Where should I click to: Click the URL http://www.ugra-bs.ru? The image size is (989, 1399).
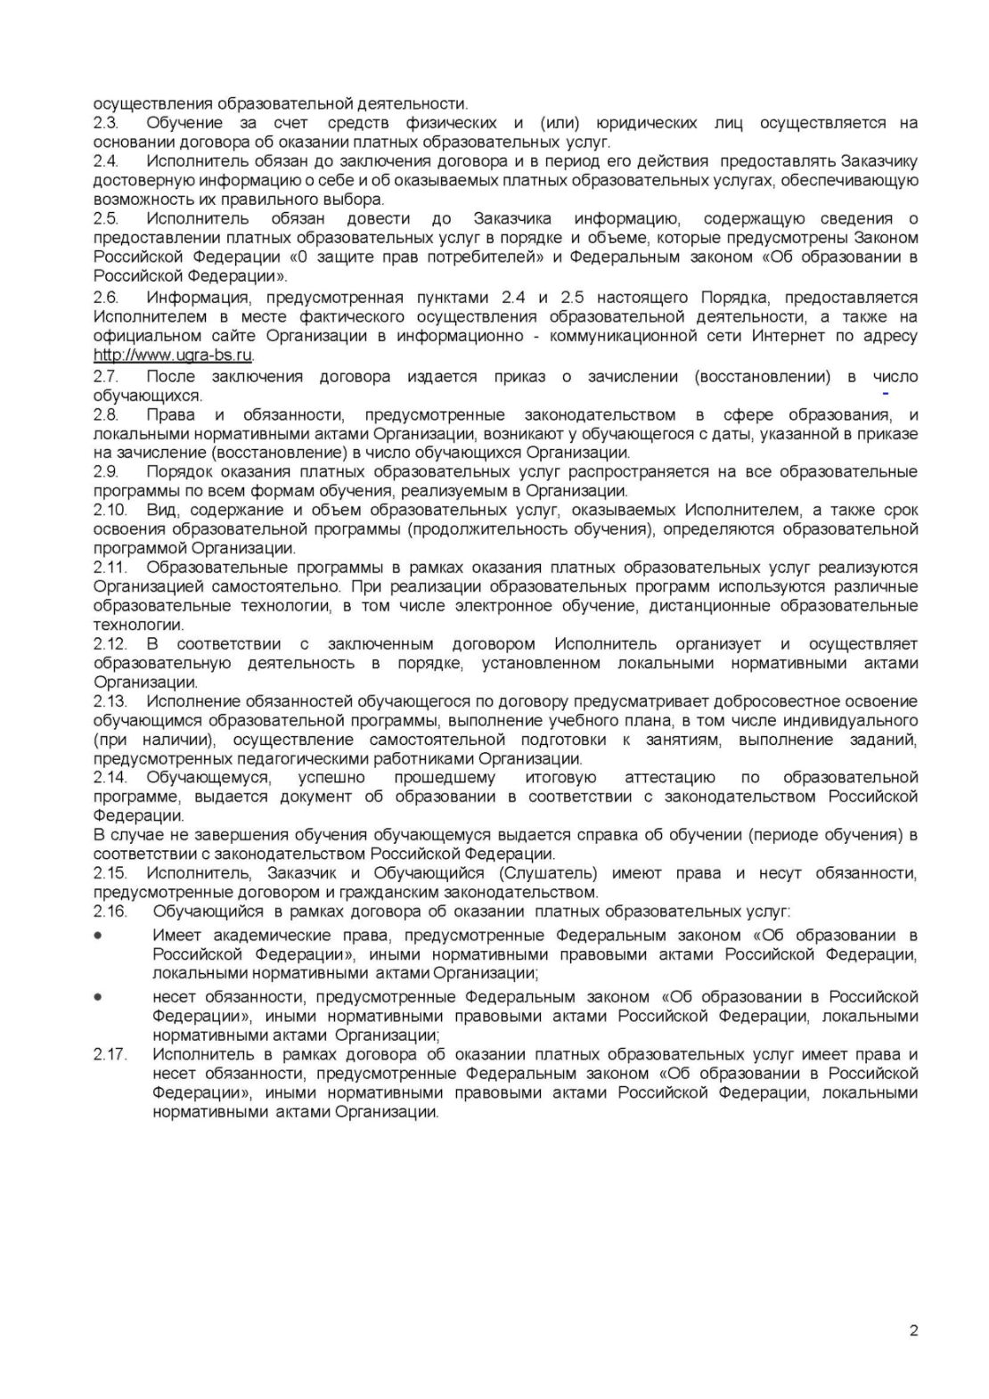173,356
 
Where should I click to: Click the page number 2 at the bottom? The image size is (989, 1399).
913,1331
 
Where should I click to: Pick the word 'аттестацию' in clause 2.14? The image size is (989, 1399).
670,777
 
